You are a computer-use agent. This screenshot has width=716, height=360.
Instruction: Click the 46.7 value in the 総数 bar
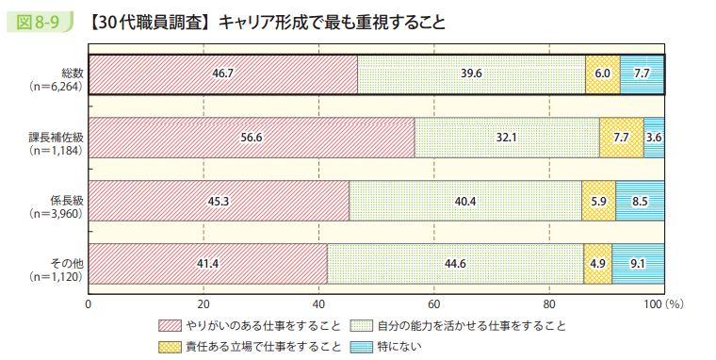pyautogui.click(x=223, y=74)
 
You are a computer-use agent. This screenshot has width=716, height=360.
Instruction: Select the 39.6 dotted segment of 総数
pyautogui.click(x=471, y=74)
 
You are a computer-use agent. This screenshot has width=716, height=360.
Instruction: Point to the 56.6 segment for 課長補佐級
pyautogui.click(x=252, y=138)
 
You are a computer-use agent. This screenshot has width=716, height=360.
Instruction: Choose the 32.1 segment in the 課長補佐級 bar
pyautogui.click(x=507, y=138)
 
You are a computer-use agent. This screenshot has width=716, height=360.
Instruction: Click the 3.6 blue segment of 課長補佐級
pyautogui.click(x=655, y=138)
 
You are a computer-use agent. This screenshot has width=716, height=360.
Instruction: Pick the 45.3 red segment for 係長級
pyautogui.click(x=219, y=200)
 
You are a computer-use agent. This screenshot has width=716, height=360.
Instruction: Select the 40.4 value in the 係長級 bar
pyautogui.click(x=465, y=200)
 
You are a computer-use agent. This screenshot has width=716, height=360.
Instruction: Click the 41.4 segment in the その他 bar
pyautogui.click(x=208, y=263)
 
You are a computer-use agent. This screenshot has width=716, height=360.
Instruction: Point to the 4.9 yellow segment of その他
pyautogui.click(x=598, y=263)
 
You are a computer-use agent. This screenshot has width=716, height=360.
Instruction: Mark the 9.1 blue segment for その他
pyautogui.click(x=639, y=263)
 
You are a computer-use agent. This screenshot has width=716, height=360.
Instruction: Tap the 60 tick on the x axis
pyautogui.click(x=434, y=304)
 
